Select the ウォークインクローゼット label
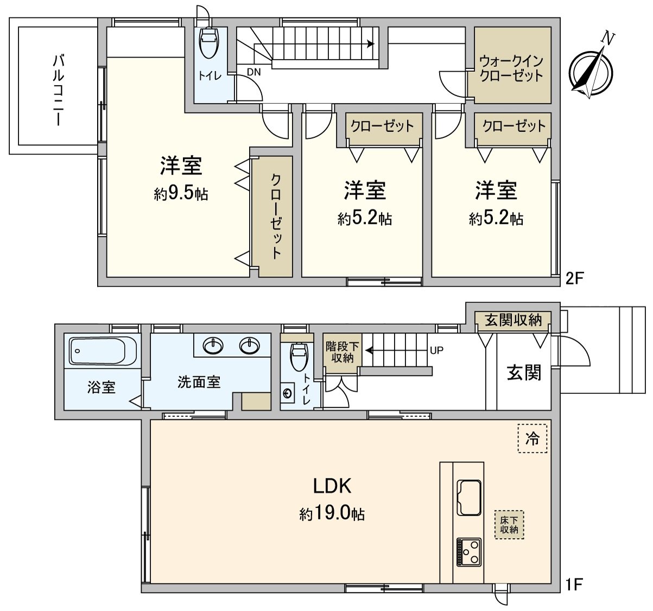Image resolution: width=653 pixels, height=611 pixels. click(x=511, y=68)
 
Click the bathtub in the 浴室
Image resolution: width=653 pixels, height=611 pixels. click(x=103, y=350)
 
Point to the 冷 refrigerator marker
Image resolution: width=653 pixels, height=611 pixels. click(x=532, y=438)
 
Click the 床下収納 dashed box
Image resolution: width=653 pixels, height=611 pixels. click(x=509, y=524)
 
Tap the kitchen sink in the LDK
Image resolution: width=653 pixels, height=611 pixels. click(x=469, y=496)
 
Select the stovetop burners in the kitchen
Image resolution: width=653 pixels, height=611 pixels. click(x=469, y=552)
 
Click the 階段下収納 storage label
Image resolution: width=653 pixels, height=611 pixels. click(x=343, y=352)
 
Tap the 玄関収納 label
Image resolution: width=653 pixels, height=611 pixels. click(x=513, y=320)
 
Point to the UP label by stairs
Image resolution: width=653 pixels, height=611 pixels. click(x=436, y=350)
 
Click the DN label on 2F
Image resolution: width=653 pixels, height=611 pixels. click(x=253, y=72)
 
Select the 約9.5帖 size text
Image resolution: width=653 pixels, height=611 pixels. click(x=181, y=194)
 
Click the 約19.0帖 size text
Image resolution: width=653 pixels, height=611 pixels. click(x=332, y=513)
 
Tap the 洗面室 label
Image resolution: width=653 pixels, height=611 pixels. click(x=199, y=382)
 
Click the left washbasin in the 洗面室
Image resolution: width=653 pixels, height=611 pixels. click(x=212, y=345)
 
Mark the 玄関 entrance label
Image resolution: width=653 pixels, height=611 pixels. click(x=524, y=373)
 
